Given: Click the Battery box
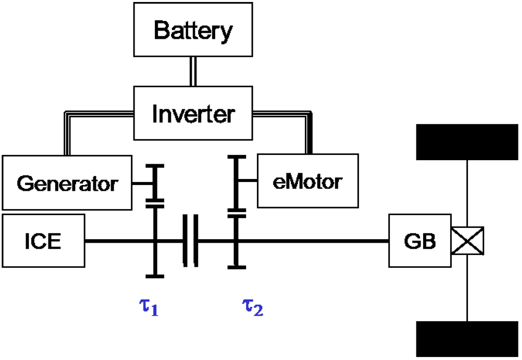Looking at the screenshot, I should (x=193, y=31).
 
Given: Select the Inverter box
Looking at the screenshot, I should (x=193, y=113).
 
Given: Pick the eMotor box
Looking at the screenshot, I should (x=307, y=181).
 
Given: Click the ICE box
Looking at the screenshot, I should (x=43, y=241).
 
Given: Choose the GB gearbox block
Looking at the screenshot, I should (x=420, y=241).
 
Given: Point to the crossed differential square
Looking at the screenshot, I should (x=467, y=241).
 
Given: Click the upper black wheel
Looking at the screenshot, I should (x=467, y=141).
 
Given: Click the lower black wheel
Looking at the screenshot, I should (x=467, y=339).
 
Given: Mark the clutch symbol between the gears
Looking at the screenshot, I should (x=190, y=241).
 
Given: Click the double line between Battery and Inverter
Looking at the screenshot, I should (x=193, y=71).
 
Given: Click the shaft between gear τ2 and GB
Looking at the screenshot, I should (x=311, y=241).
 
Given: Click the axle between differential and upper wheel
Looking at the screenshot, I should (x=467, y=194).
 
